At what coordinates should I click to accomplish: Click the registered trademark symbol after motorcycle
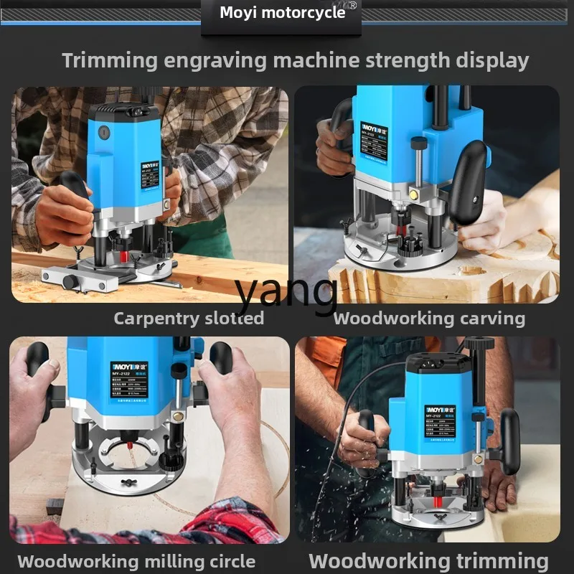(x=352, y=6)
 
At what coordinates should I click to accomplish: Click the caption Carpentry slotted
(x=188, y=318)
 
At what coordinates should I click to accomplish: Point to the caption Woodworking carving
(x=429, y=318)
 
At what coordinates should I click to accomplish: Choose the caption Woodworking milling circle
(x=136, y=561)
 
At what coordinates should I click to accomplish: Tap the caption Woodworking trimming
(x=428, y=560)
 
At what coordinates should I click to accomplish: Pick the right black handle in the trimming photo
(x=510, y=441)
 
